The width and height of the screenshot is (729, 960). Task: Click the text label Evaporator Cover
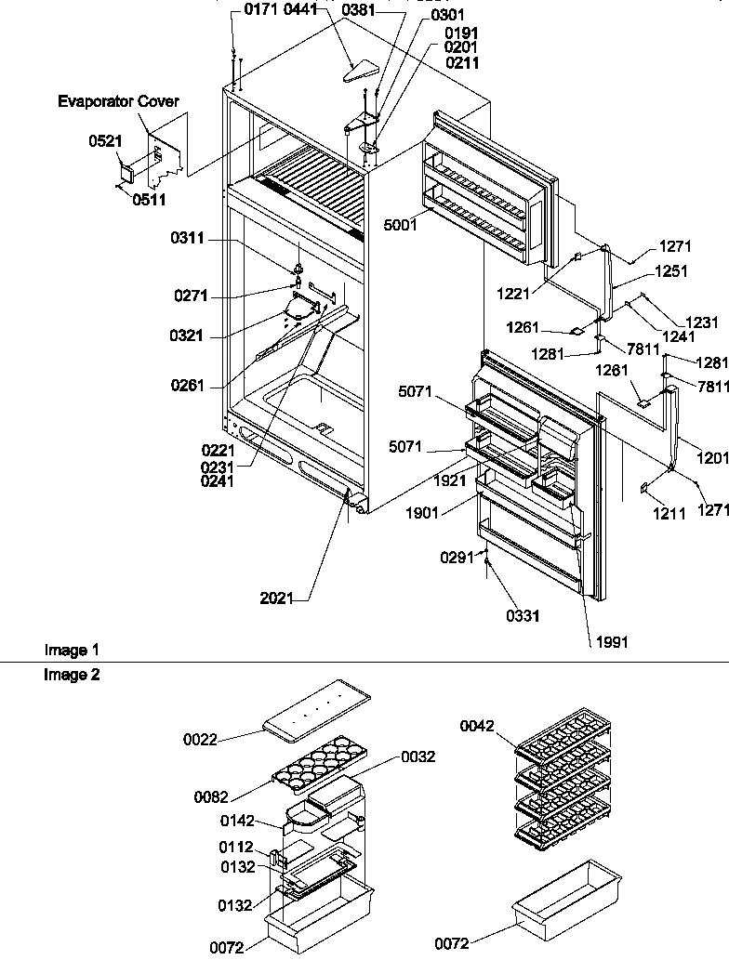[118, 101]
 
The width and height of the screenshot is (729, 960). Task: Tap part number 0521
[104, 141]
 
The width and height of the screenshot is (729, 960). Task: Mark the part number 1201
[712, 456]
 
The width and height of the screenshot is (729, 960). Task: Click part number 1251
[672, 272]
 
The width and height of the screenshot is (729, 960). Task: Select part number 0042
[478, 727]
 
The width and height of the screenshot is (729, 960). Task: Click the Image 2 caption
[72, 676]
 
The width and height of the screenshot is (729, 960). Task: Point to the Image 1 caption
[72, 651]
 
